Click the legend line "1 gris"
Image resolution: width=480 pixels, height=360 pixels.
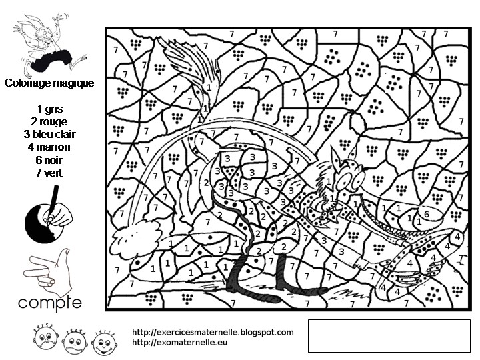pos(49,108)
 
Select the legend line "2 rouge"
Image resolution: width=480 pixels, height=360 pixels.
pos(49,121)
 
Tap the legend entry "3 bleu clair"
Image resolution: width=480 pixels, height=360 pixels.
pos(49,134)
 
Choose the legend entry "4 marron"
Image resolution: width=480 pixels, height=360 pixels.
pos(49,147)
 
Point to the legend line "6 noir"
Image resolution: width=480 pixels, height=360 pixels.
pos(49,160)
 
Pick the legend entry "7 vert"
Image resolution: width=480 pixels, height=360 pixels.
pos(49,173)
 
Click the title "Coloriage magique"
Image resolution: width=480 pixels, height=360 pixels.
pos(49,83)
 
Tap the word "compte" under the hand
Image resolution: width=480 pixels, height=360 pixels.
pos(49,303)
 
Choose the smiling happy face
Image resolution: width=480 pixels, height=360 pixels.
pos(101,341)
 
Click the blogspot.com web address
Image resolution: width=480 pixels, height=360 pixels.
pos(213,332)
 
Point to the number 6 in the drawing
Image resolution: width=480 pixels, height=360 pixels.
pos(426,214)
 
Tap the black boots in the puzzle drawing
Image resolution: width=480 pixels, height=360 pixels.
pos(257,280)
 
